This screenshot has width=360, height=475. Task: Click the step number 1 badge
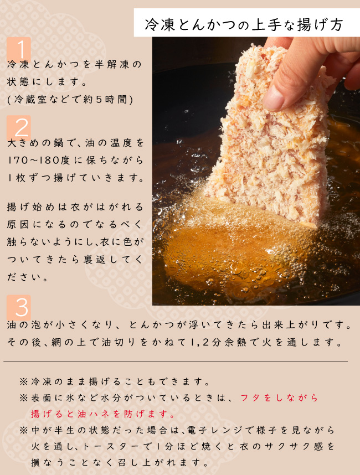(19, 49)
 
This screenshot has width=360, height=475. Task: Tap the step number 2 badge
(19, 127)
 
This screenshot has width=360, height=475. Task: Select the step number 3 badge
(19, 307)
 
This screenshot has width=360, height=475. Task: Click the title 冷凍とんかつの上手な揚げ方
(244, 24)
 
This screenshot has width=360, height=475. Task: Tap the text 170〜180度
(39, 160)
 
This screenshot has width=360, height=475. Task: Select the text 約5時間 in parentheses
(105, 99)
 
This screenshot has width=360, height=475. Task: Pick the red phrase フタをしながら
(279, 397)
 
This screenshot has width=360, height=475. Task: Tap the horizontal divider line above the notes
(176, 362)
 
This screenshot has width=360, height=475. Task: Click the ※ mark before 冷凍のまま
(24, 381)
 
